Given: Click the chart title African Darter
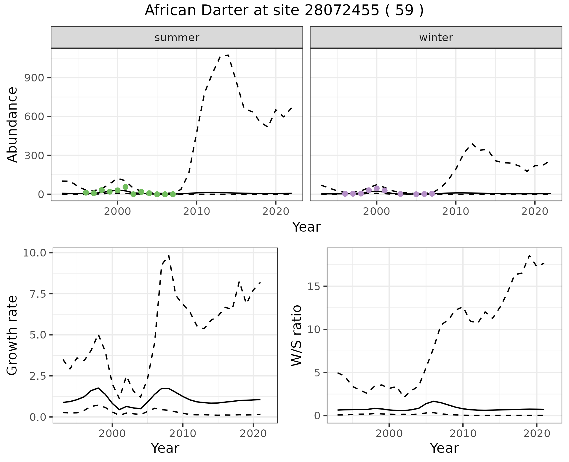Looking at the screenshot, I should (284, 11).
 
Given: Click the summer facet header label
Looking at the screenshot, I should (177, 38).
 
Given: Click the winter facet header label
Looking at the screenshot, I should (436, 38).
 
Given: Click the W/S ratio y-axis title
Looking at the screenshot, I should (296, 335).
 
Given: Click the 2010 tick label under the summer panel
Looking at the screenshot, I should (196, 212).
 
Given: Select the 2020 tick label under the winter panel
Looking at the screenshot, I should (535, 212).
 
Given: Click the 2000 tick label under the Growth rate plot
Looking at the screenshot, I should (112, 434).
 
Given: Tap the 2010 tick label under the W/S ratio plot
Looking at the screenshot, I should (463, 434).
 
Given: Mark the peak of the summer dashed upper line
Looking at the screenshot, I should (228, 55).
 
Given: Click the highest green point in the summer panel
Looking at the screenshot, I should (125, 187).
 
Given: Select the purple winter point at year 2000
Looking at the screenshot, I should (377, 188).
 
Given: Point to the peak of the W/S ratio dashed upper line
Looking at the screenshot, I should (530, 255).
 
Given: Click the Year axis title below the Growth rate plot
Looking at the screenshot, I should (165, 448).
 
